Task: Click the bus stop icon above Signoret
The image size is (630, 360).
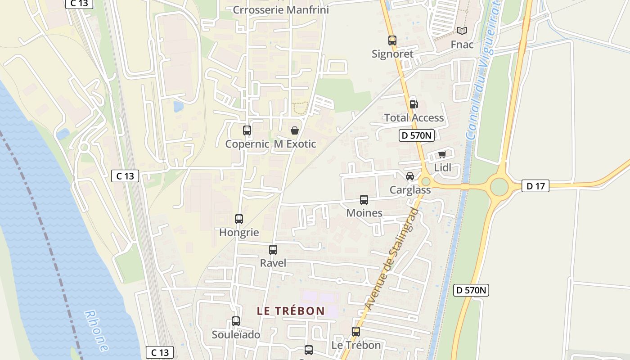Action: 392,40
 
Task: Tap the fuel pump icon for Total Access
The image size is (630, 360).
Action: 414,104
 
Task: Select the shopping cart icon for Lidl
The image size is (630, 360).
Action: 442,155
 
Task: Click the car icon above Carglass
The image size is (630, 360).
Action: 409,176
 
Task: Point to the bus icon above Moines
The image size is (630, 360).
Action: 364,200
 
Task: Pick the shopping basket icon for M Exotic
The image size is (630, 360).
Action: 294,130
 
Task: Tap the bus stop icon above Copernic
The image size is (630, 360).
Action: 247,130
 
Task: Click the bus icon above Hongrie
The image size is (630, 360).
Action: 239,219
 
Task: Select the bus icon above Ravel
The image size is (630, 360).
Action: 273,250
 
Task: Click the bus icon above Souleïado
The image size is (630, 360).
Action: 236,321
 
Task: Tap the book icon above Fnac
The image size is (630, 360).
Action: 462,31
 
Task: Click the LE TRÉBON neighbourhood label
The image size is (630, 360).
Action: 291,311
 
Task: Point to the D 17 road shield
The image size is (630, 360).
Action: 535,185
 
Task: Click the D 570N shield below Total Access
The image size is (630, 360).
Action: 416,135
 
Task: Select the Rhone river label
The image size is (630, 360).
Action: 96,331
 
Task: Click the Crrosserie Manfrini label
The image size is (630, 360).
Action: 281,10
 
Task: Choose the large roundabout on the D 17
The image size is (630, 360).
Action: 499,186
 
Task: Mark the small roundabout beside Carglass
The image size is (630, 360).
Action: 425,181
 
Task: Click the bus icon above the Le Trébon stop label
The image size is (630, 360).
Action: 356,332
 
